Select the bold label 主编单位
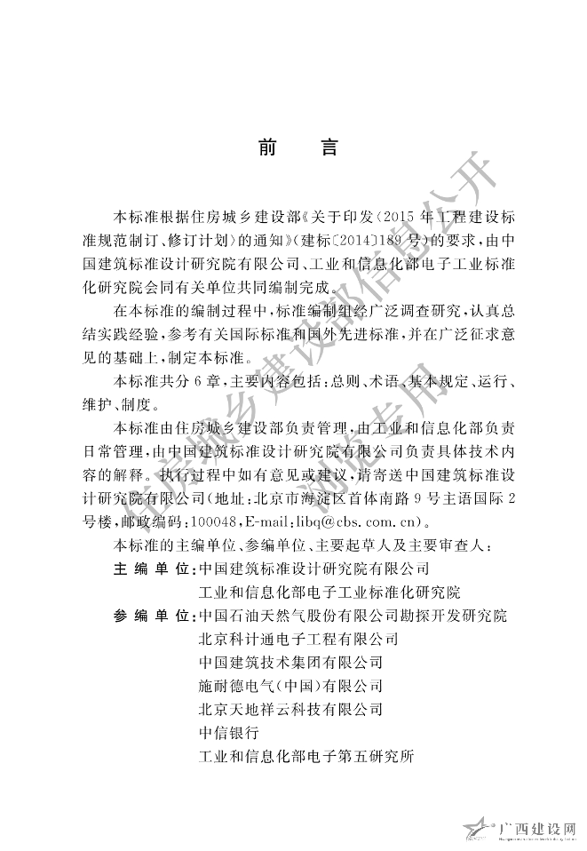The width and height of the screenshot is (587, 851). pyautogui.click(x=155, y=567)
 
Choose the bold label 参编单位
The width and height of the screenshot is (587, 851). pyautogui.click(x=155, y=615)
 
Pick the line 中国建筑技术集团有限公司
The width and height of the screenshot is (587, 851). pyautogui.click(x=291, y=663)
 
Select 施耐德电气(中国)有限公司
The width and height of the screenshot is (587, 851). pyautogui.click(x=291, y=686)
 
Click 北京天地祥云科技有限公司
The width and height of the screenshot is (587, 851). pyautogui.click(x=291, y=710)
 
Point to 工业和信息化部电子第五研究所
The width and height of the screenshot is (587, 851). pyautogui.click(x=307, y=758)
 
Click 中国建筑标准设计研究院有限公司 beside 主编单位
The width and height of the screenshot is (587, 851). pyautogui.click(x=315, y=567)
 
